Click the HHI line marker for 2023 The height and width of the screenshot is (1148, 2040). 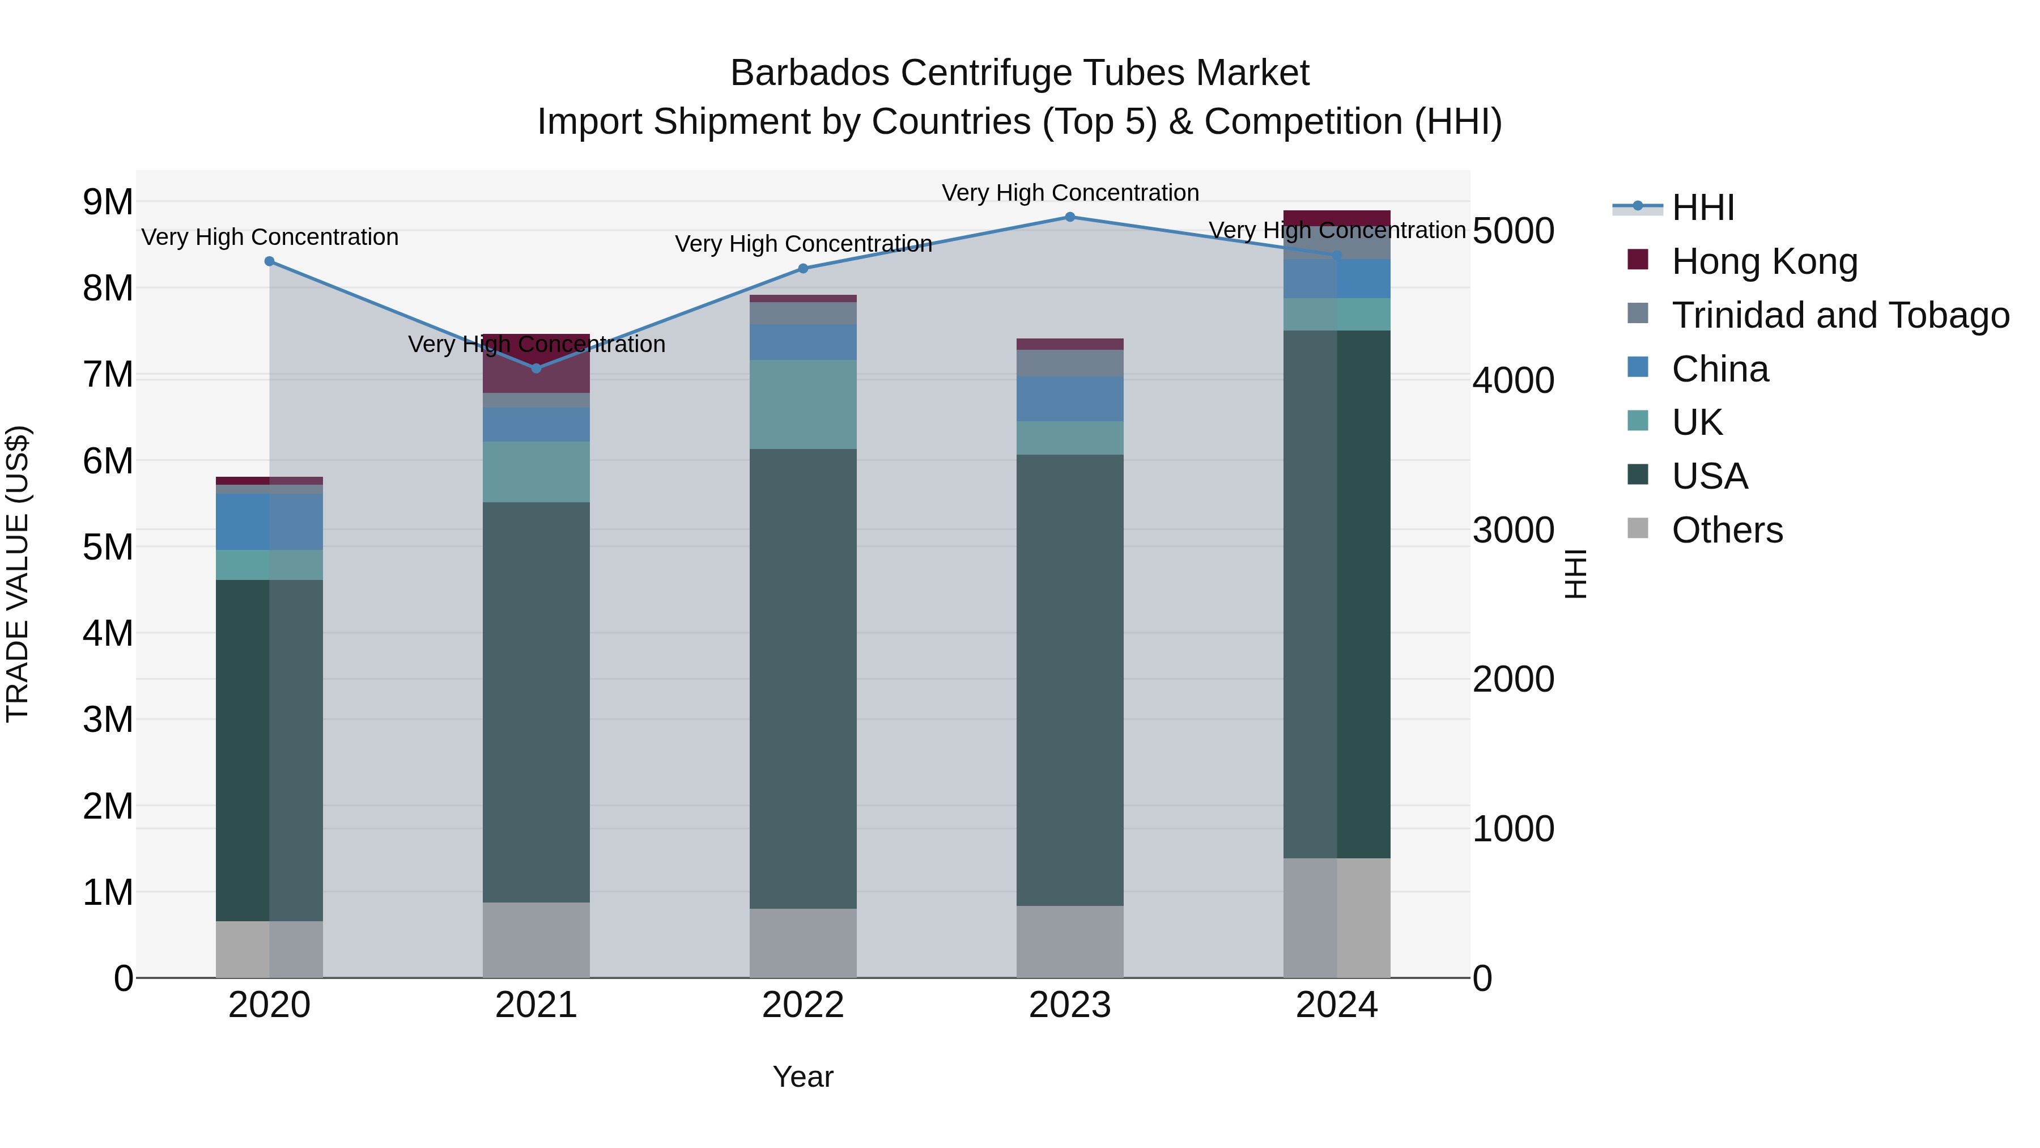point(1070,217)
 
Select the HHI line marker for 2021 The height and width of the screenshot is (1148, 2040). point(536,368)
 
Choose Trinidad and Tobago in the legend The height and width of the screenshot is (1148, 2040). point(1839,315)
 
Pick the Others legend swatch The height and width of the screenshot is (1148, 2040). point(1638,528)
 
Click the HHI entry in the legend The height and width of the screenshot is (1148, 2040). point(1703,207)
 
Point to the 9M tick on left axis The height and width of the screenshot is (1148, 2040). point(108,202)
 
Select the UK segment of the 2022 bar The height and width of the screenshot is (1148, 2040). point(803,405)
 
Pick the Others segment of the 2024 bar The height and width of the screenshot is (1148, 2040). point(1337,917)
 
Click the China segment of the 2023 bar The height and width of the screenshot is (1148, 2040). point(1070,399)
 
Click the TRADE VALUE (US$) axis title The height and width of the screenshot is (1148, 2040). point(18,574)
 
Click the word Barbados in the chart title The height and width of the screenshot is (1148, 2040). point(809,73)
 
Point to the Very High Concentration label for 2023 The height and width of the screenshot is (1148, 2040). point(1070,193)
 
